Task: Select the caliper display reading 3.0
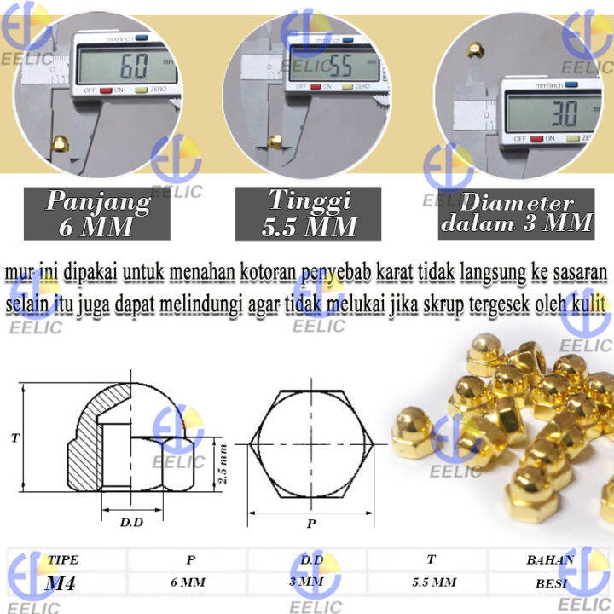coord(542,112)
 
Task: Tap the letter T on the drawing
coord(14,438)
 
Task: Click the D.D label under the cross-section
coord(130,521)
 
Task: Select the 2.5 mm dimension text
coord(223,464)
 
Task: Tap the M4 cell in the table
coord(64,584)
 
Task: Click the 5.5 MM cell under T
coord(431,584)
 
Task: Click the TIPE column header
coord(63,560)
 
